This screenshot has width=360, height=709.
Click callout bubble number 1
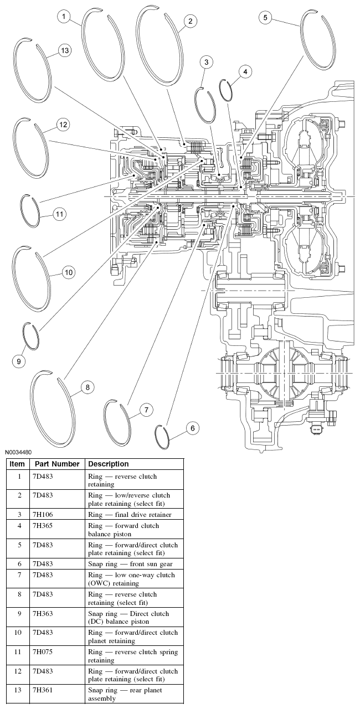pos(65,17)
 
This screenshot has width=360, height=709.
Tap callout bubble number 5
pos(265,18)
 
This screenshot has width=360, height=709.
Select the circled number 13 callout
pos(65,51)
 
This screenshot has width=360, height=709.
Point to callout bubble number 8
pos(86,387)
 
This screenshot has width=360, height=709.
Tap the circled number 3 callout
pos(206,62)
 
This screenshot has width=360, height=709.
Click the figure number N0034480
pos(20,452)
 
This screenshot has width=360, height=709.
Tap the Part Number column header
pos(57,464)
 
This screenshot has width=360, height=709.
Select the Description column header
pos(109,464)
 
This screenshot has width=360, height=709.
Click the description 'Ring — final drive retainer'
pos(130,515)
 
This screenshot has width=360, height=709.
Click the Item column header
pos(17,464)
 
